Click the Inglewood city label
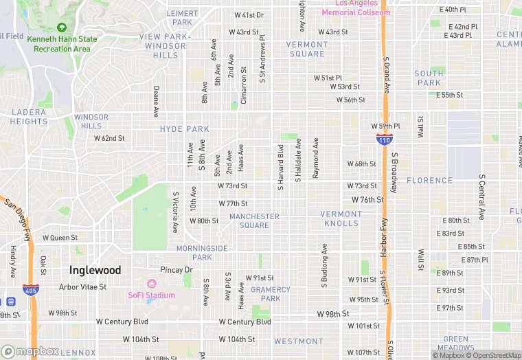(95, 270)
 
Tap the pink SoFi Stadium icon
(152, 284)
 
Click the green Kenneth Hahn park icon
(61, 27)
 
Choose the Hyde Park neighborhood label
(184, 129)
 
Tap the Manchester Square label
(254, 221)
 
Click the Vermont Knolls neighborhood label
(340, 218)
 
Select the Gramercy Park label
(271, 294)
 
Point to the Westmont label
(298, 341)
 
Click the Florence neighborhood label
(429, 181)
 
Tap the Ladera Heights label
(29, 117)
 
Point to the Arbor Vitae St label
(82, 287)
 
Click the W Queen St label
(60, 238)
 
